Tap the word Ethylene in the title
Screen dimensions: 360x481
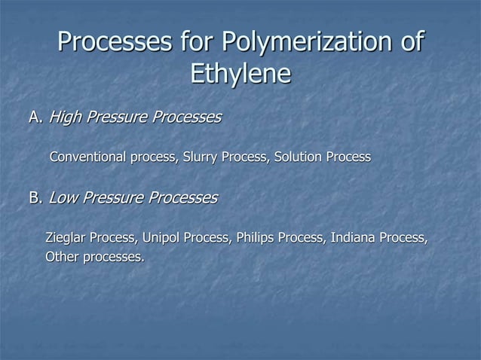(240, 75)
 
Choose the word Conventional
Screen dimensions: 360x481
(88, 157)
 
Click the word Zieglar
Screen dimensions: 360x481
(66, 239)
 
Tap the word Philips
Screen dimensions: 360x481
(256, 239)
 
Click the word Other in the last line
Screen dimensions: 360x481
(62, 257)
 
